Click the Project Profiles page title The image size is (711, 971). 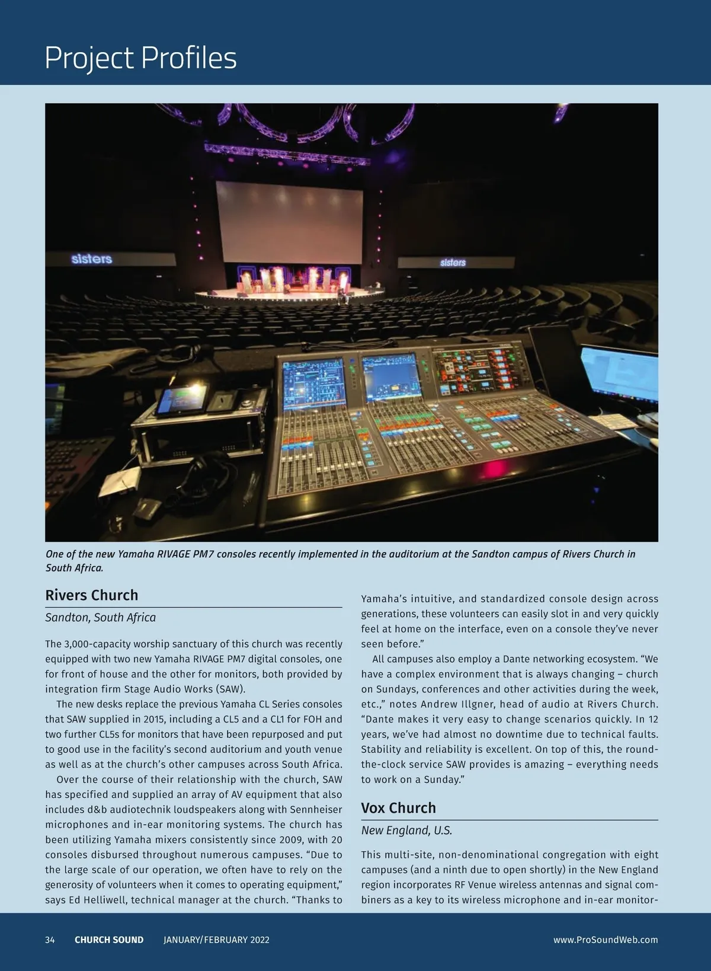pyautogui.click(x=140, y=58)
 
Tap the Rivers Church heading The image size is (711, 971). pyautogui.click(x=92, y=595)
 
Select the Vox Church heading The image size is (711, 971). pyautogui.click(x=398, y=808)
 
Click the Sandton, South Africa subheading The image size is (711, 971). pyautogui.click(x=100, y=618)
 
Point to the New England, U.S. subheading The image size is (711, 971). pyautogui.click(x=406, y=831)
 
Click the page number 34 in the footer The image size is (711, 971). pyautogui.click(x=50, y=940)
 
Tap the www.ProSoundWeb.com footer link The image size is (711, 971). pyautogui.click(x=606, y=940)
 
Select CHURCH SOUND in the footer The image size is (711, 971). pyautogui.click(x=109, y=940)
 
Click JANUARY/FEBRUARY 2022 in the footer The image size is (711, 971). pyautogui.click(x=216, y=940)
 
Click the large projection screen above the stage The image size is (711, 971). pyautogui.click(x=289, y=222)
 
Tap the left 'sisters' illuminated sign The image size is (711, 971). pyautogui.click(x=92, y=259)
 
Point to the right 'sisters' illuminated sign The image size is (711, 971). pyautogui.click(x=453, y=262)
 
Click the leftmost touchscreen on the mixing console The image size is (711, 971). pyautogui.click(x=313, y=385)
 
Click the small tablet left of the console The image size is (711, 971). pyautogui.click(x=182, y=400)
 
